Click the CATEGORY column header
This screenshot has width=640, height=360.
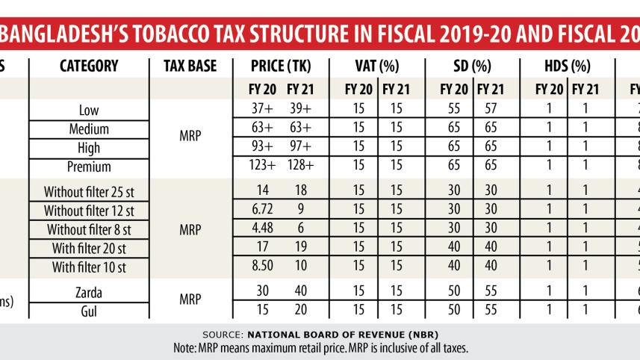click(89, 66)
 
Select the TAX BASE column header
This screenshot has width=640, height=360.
click(190, 66)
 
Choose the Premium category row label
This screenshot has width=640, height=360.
click(89, 167)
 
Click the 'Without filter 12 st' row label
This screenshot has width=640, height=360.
click(89, 211)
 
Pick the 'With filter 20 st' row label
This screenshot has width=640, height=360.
click(89, 248)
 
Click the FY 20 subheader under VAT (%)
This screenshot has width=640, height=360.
click(359, 90)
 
